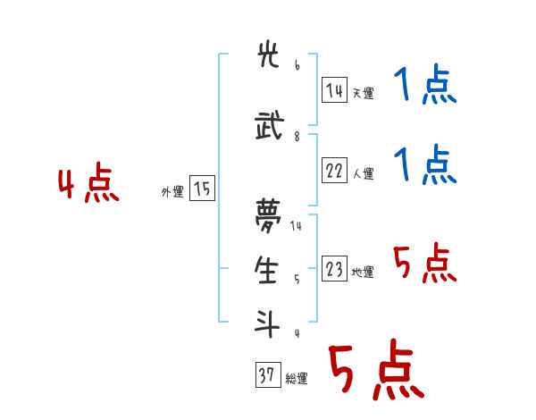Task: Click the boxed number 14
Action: coord(335,90)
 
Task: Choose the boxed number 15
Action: coord(202,189)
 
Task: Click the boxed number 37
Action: coord(267,376)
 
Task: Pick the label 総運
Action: coord(297,379)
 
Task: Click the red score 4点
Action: coord(88,185)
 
